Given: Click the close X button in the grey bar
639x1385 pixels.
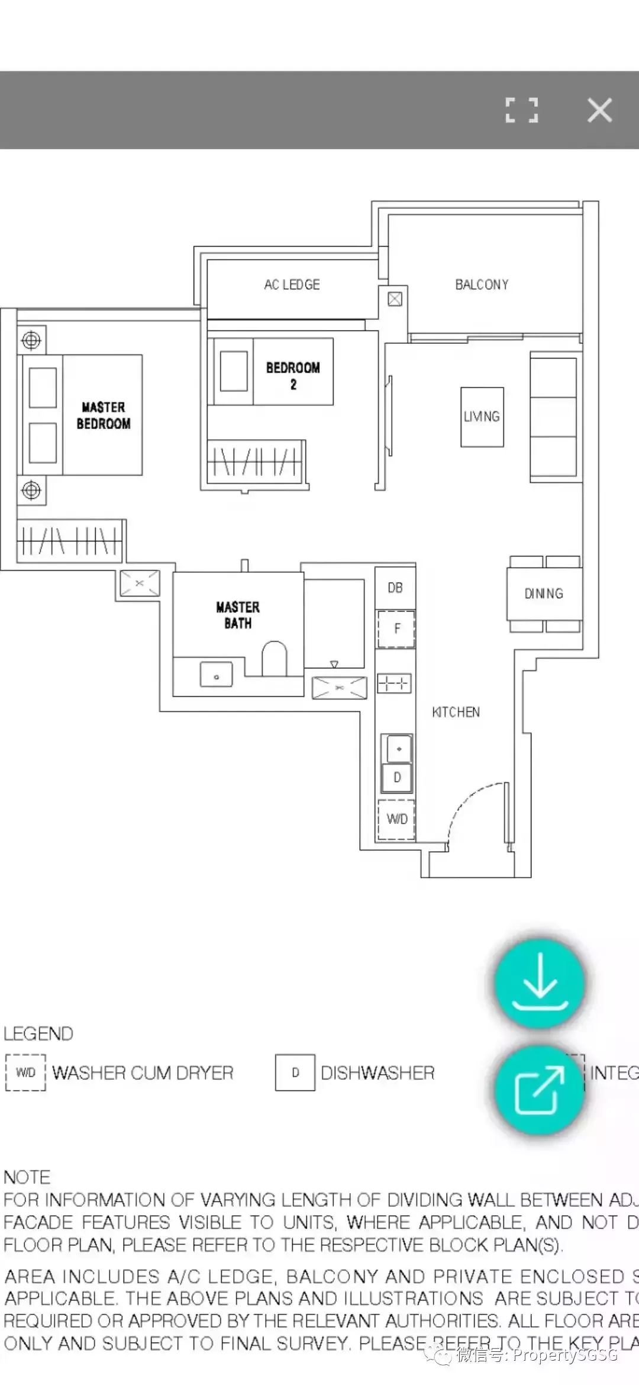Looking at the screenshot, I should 599,110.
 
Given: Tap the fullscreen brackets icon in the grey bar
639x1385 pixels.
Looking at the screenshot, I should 522,110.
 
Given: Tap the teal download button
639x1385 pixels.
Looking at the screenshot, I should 540,983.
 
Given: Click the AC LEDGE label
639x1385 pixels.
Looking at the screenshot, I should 292,285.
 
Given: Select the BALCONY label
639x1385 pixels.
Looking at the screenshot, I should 482,285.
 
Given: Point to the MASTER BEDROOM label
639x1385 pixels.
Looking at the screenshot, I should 104,415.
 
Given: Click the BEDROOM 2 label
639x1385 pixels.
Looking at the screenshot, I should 293,375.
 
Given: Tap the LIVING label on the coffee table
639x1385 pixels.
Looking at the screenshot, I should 482,417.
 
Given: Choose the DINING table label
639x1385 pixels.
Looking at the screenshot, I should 544,594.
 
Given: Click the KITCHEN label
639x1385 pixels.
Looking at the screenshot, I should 456,712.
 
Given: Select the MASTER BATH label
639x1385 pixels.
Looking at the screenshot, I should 238,615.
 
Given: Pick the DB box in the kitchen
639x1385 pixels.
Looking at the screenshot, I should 395,588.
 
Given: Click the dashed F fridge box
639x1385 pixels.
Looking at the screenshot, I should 396,629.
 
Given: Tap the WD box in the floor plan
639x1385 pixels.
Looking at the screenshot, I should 396,819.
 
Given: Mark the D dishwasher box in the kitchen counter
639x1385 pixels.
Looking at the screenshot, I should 397,777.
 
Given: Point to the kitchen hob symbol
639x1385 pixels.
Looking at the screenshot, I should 394,684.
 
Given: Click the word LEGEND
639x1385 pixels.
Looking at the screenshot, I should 38,1034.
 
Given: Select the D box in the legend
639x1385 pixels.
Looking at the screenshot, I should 295,1072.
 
